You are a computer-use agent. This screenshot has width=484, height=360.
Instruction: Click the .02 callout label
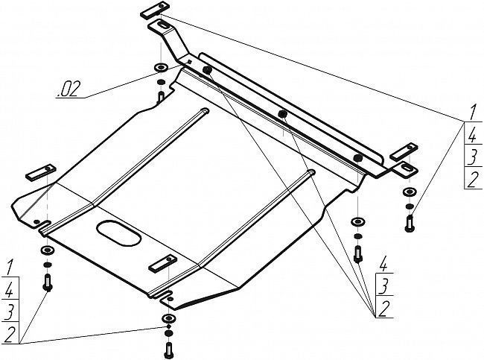pyautogui.click(x=69, y=89)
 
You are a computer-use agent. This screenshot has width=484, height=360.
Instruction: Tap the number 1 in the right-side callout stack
pyautogui.click(x=473, y=113)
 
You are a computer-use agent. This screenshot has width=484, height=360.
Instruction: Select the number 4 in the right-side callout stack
pyautogui.click(x=472, y=135)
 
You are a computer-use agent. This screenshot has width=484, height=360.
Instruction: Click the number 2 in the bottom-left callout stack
pyautogui.click(x=9, y=335)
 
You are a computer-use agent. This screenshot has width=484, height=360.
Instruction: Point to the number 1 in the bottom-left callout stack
pyautogui.click(x=10, y=268)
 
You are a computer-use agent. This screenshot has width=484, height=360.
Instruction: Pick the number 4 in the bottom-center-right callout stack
pyautogui.click(x=383, y=264)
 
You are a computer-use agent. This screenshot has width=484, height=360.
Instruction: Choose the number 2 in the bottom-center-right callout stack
pyautogui.click(x=383, y=309)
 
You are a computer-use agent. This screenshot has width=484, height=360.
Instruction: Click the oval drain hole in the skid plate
pyautogui.click(x=119, y=233)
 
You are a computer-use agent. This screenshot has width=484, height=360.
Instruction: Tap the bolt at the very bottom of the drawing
pyautogui.click(x=168, y=350)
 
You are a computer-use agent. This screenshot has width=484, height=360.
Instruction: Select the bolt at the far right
pyautogui.click(x=410, y=224)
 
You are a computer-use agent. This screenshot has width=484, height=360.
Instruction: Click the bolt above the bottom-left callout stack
pyautogui.click(x=48, y=282)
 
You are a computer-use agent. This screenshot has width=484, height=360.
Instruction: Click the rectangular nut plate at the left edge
pyautogui.click(x=41, y=172)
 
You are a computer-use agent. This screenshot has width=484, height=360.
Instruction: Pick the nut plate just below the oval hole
pyautogui.click(x=162, y=263)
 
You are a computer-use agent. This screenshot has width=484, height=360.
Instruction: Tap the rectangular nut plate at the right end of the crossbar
pyautogui.click(x=404, y=152)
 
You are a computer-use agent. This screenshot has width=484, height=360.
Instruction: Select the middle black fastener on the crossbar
pyautogui.click(x=282, y=114)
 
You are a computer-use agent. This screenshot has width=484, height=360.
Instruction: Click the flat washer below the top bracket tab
pyautogui.click(x=161, y=67)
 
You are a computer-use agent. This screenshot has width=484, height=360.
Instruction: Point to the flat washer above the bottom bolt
pyautogui.click(x=168, y=318)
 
